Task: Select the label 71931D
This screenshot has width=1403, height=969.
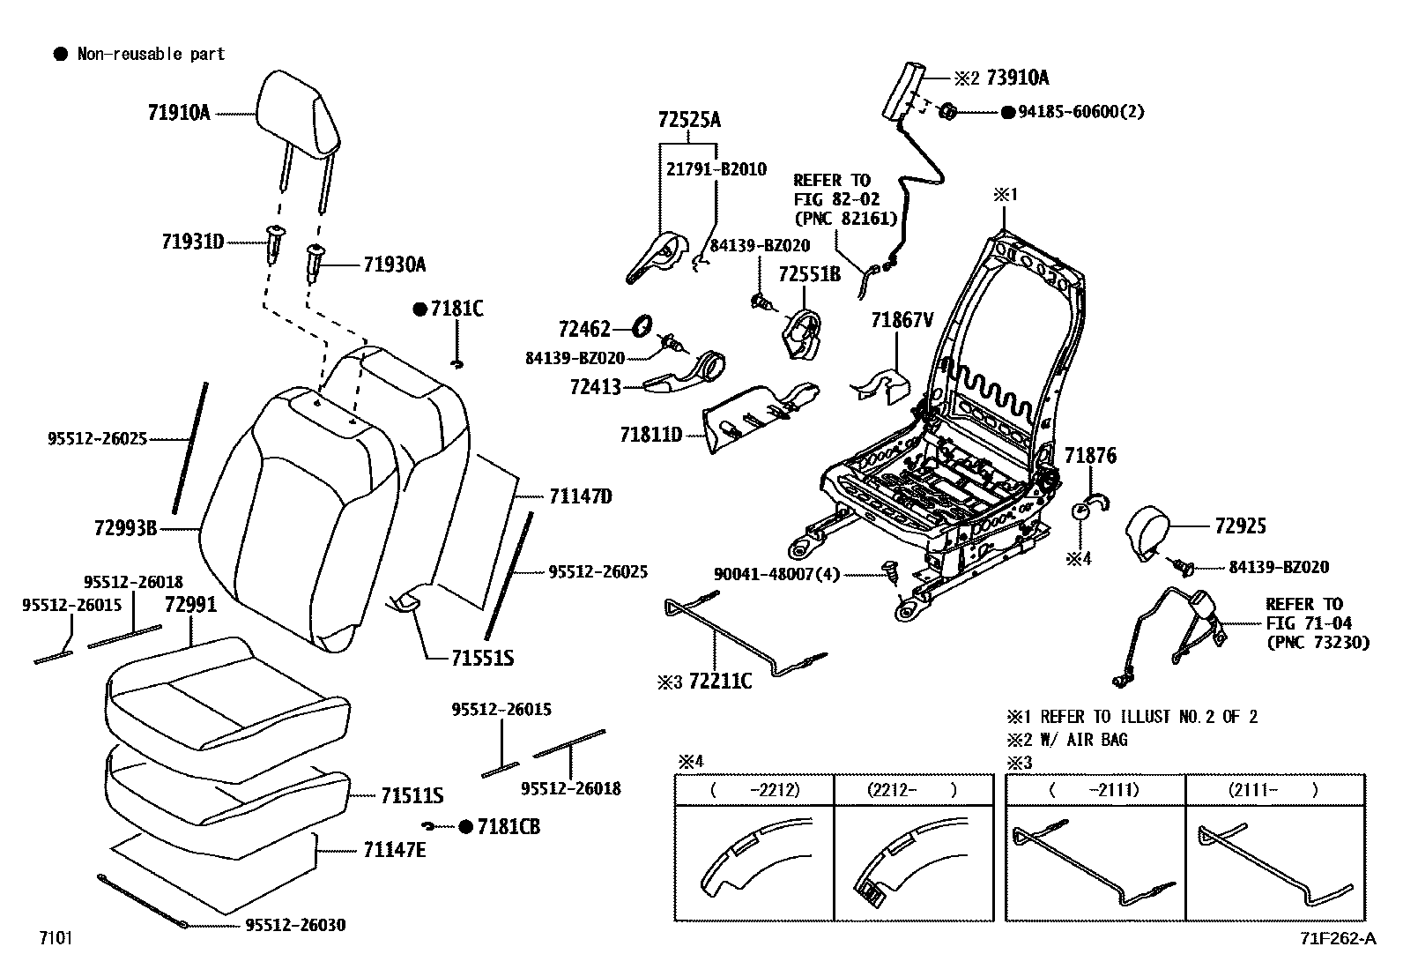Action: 193,241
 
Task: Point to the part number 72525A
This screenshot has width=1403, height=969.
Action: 688,120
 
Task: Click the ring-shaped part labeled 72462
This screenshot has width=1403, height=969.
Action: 643,325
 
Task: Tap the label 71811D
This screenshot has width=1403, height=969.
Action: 651,434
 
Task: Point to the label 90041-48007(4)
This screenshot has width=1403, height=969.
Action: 776,574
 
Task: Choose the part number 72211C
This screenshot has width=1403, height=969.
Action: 720,681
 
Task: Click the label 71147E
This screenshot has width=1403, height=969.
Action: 395,850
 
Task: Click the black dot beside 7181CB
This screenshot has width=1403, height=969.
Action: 466,826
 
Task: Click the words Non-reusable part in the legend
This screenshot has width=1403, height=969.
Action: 151,54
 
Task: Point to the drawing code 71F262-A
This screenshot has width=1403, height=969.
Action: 1336,938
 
